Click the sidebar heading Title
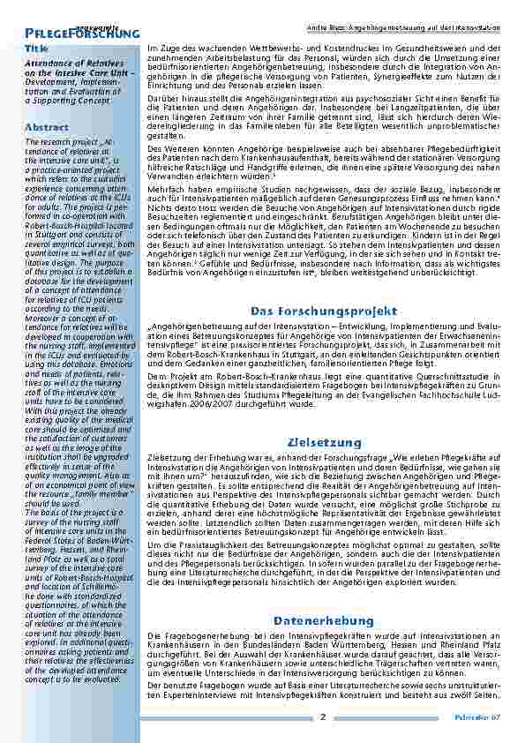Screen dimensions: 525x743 click(x=37, y=48)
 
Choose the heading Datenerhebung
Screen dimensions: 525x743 click(x=323, y=621)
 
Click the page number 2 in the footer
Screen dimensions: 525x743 click(x=323, y=717)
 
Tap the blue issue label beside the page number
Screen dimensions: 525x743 click(x=482, y=717)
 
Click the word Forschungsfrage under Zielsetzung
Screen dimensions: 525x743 click(x=389, y=457)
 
